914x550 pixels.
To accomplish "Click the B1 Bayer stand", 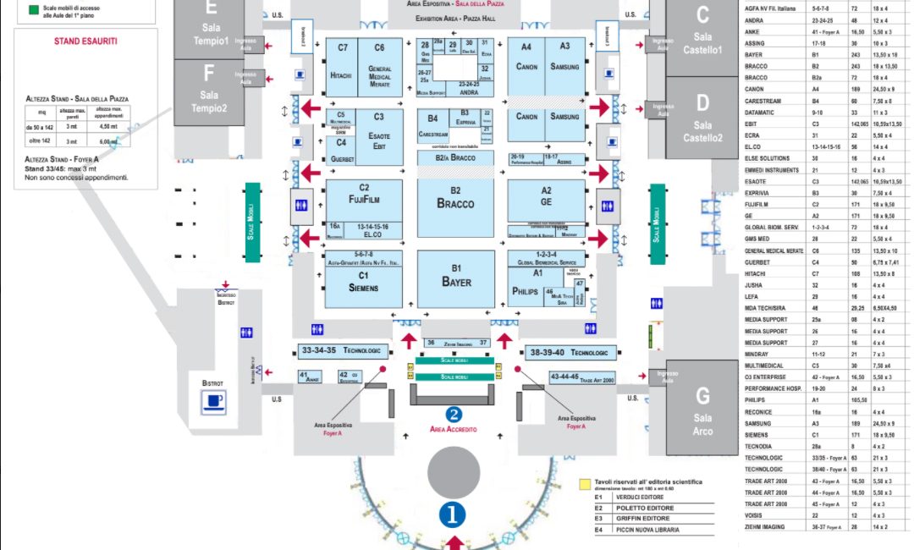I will pos(455,278).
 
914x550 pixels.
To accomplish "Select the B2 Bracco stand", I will pos(455,200).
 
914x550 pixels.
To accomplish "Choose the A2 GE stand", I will pos(546,200).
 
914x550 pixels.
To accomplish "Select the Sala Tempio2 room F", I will pos(210,91).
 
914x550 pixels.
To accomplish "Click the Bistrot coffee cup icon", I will pos(212,403).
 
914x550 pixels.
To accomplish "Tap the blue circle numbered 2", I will pos(454,415).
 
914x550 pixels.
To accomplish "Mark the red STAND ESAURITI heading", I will pos(85,41).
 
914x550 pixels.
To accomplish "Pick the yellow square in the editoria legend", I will pos(584,486).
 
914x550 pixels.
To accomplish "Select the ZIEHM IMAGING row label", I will pos(766,526).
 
